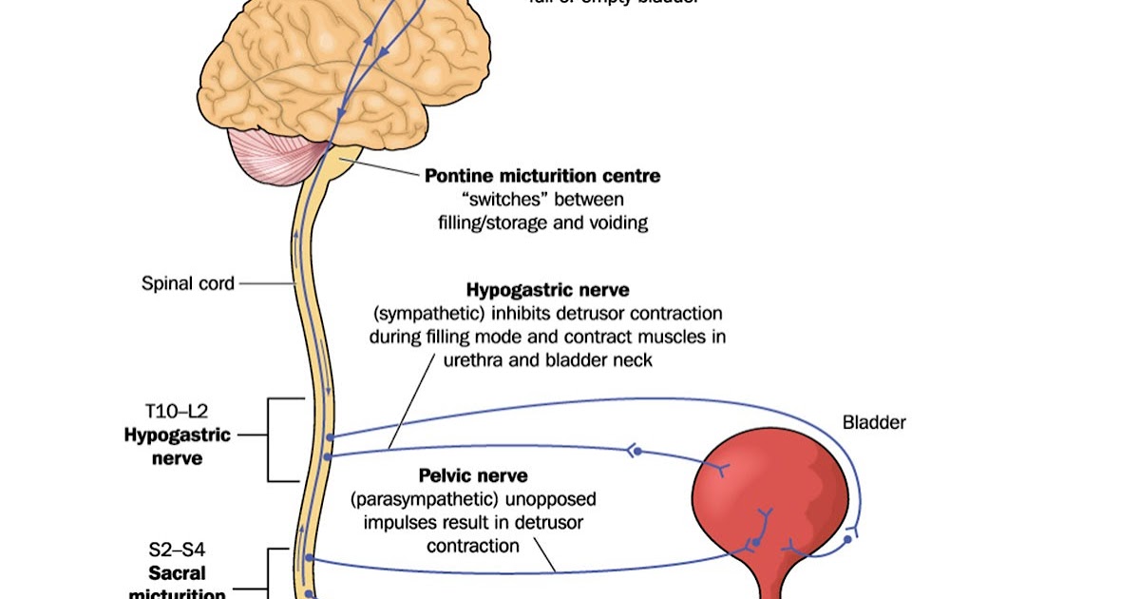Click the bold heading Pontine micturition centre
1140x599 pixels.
point(542,176)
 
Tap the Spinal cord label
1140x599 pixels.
point(188,282)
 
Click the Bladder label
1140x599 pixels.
point(874,422)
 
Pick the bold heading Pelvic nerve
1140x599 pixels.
point(473,474)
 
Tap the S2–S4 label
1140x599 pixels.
point(178,549)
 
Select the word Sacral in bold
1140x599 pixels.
point(178,573)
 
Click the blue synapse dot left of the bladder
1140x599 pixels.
point(637,450)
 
